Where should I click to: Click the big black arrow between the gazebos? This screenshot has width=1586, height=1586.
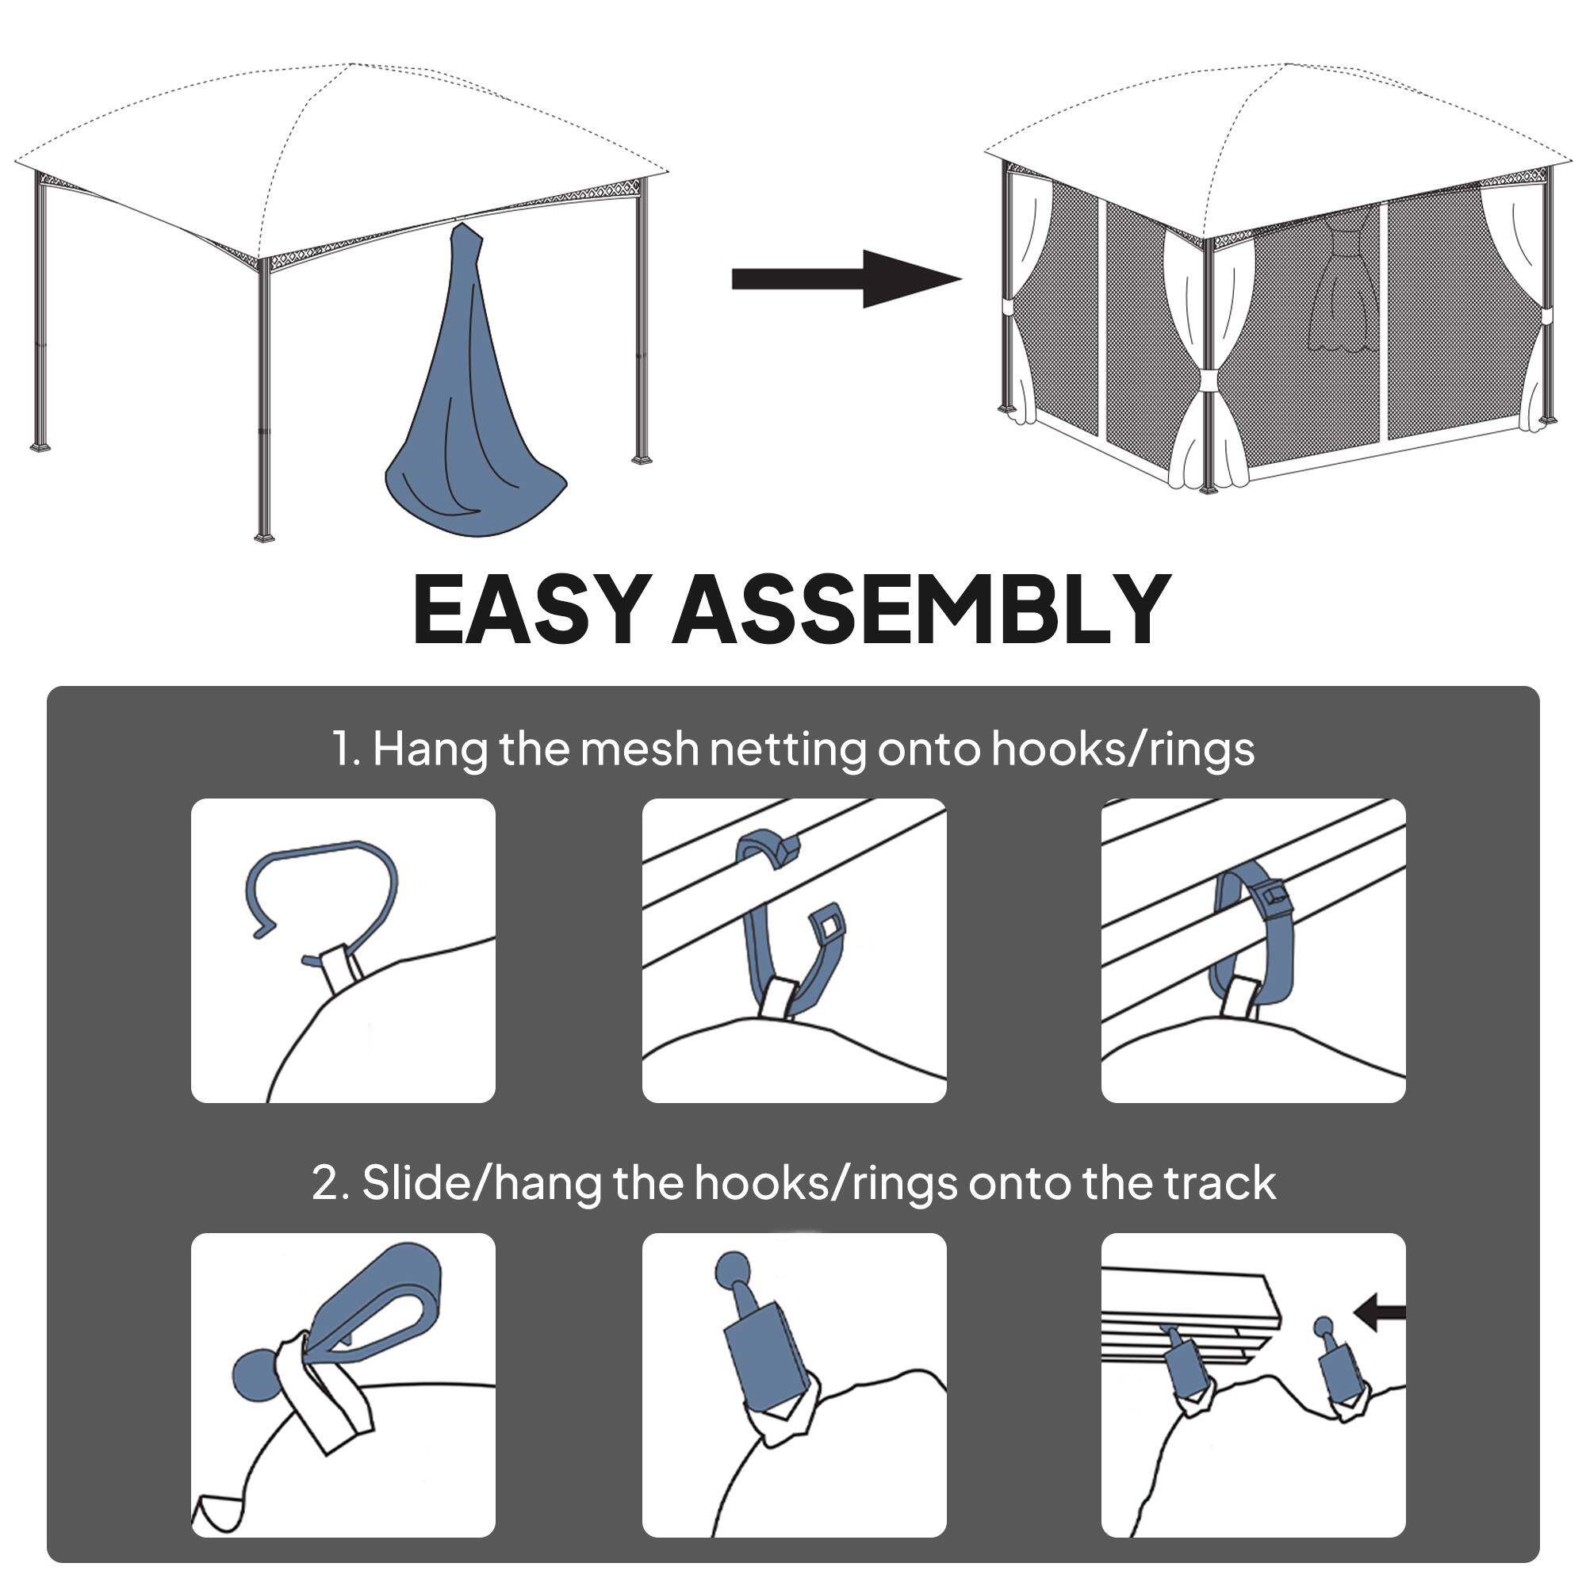845,279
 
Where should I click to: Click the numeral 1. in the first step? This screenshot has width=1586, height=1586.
345,749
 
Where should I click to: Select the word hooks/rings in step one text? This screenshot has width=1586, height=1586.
1122,749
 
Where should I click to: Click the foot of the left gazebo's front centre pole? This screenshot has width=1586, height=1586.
264,537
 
